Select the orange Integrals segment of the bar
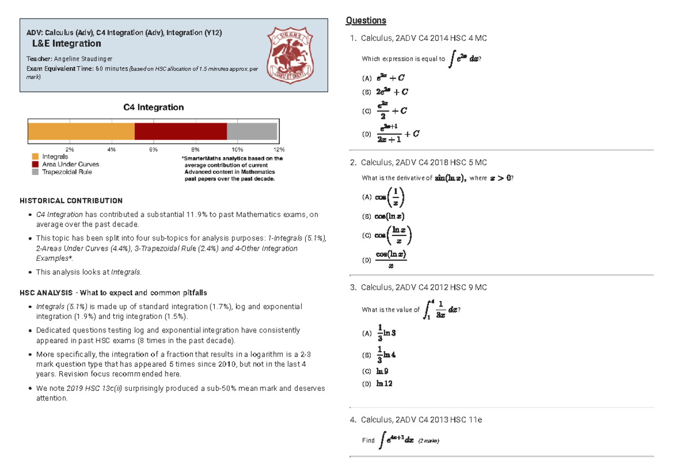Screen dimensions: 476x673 (x=81, y=131)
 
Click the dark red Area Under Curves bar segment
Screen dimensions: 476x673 (x=181, y=131)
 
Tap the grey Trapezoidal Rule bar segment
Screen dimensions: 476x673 (x=252, y=131)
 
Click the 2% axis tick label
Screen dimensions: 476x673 (x=70, y=150)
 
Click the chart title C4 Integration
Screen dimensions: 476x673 (x=153, y=107)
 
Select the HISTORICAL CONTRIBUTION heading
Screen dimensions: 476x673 (x=71, y=200)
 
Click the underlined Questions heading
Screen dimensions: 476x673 (x=366, y=21)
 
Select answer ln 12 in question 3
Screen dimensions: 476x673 (x=384, y=383)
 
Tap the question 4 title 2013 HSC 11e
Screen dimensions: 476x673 (x=421, y=419)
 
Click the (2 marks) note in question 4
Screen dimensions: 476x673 (x=428, y=441)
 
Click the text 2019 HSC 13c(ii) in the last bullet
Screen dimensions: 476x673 (x=92, y=389)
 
